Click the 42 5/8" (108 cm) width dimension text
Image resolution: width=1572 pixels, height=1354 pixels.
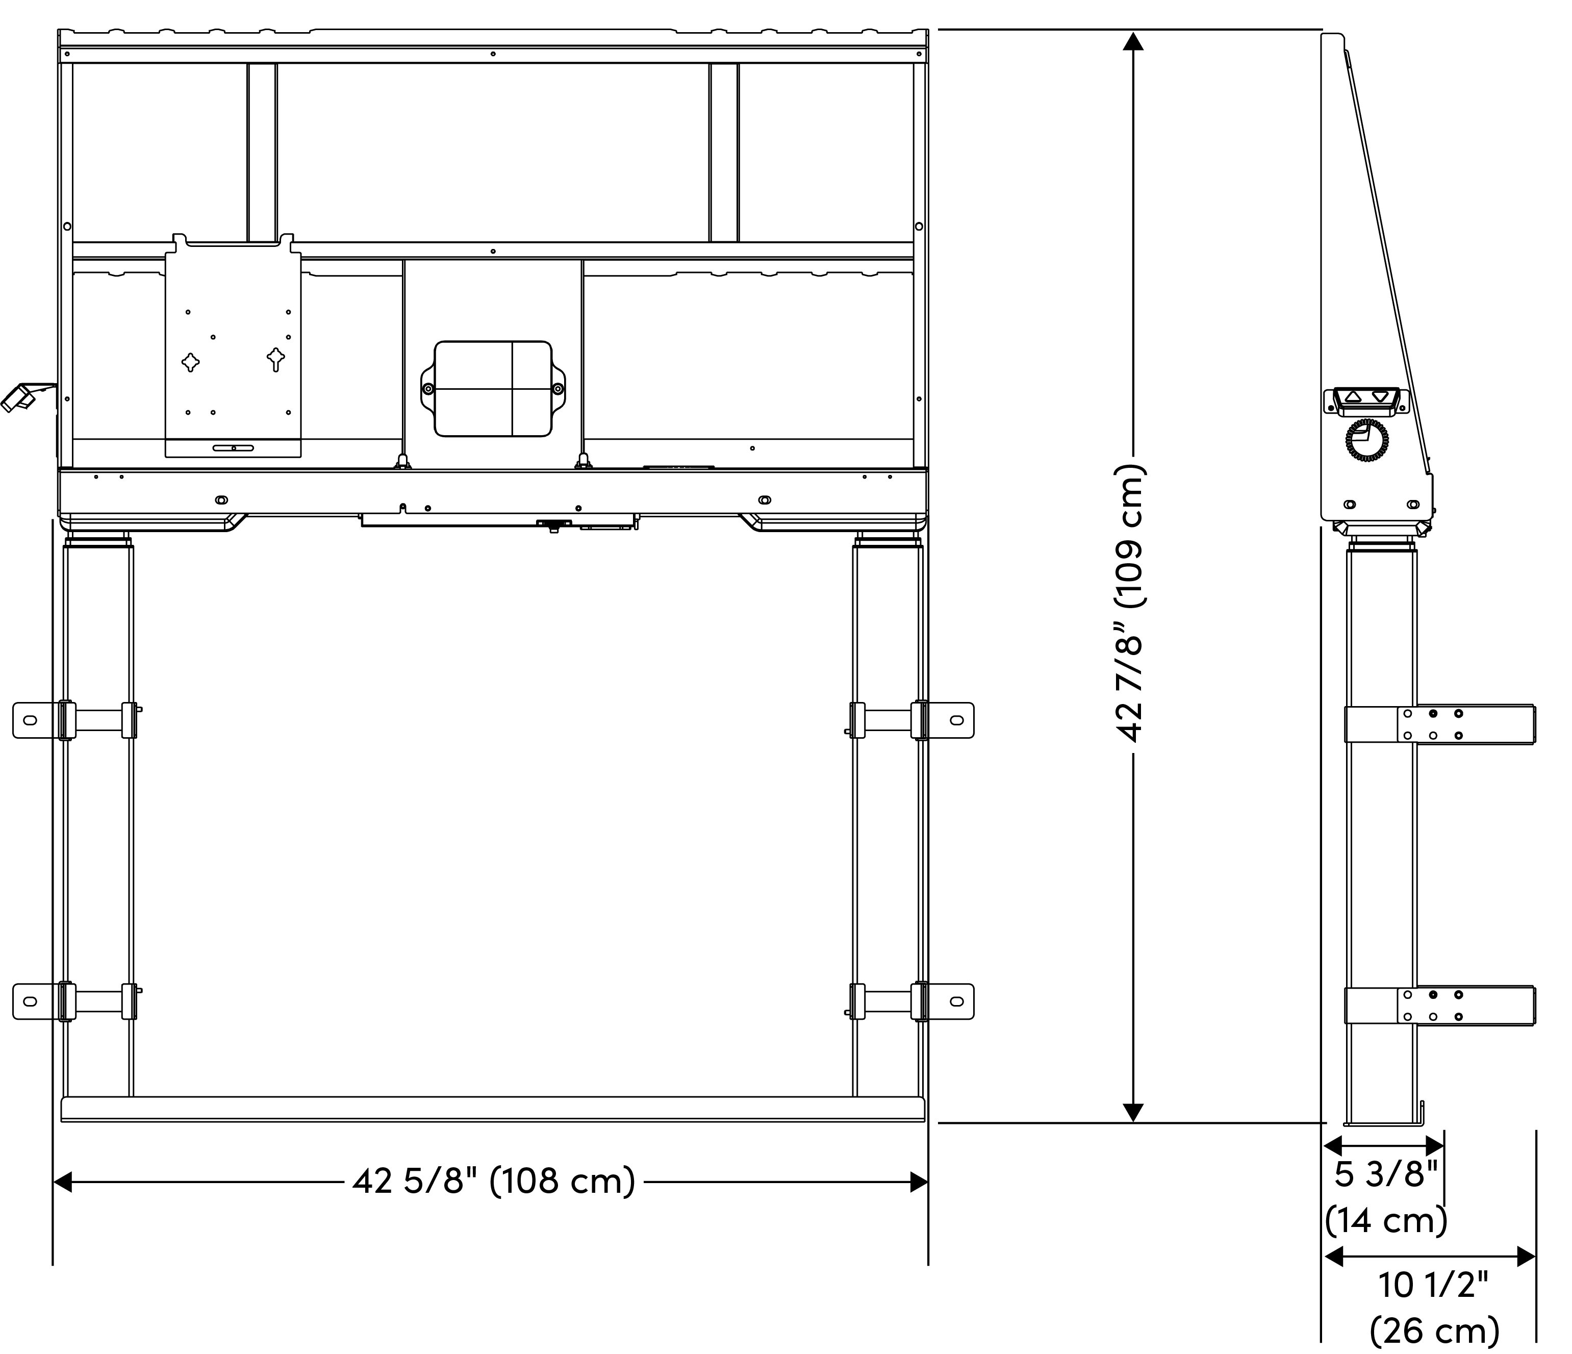click(493, 1181)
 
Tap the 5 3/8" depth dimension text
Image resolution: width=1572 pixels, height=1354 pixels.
click(1386, 1174)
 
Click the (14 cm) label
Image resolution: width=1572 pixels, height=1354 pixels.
click(1386, 1220)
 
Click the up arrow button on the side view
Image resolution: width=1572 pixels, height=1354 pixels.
click(1353, 396)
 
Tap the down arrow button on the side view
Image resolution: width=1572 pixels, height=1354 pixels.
click(1381, 396)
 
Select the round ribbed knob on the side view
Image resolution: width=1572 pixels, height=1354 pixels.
click(1367, 440)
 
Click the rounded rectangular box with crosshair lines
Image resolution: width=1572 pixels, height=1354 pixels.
click(493, 389)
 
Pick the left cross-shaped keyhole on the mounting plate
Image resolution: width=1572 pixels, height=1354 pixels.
click(190, 362)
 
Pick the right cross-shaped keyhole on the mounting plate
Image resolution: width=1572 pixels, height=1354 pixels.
click(276, 358)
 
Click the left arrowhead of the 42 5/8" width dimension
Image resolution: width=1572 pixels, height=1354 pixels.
click(63, 1182)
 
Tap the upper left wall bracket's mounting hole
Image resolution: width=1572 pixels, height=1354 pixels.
click(30, 719)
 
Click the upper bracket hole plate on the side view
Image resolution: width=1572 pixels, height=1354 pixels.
click(1432, 724)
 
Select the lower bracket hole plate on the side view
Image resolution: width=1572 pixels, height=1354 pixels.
click(1432, 1006)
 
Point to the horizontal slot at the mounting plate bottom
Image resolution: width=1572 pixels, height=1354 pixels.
click(234, 448)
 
